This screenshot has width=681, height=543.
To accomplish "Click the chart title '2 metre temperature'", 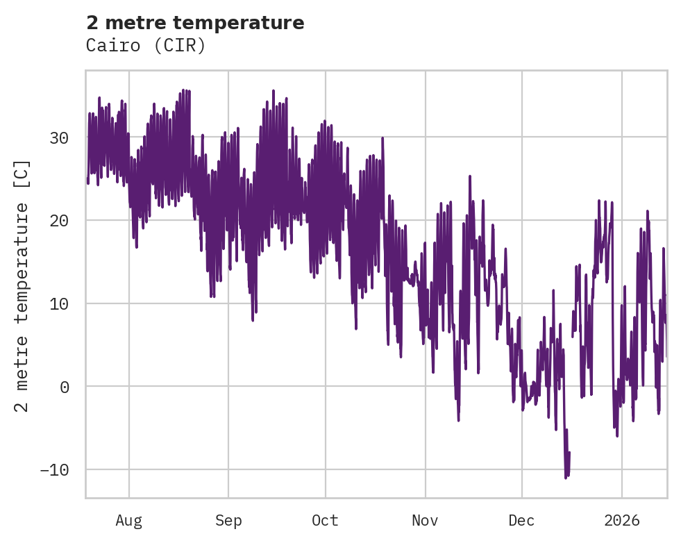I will pyautogui.click(x=195, y=23).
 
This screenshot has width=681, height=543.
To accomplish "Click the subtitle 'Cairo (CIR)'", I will pyautogui.click(x=146, y=46).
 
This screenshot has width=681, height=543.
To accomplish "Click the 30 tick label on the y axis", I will pyautogui.click(x=59, y=137).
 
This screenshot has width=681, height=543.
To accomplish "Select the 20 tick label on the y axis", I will pyautogui.click(x=59, y=221).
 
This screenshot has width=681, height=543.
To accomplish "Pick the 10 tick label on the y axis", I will pyautogui.click(x=59, y=304).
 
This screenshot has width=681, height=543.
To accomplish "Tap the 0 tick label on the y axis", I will pyautogui.click(x=65, y=387).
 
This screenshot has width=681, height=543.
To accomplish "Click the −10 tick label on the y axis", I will pyautogui.click(x=54, y=470).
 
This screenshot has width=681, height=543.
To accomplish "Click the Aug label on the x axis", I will pyautogui.click(x=129, y=521).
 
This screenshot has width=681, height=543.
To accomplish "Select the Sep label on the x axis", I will pyautogui.click(x=228, y=521).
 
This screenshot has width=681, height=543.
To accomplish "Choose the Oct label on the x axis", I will pyautogui.click(x=325, y=521).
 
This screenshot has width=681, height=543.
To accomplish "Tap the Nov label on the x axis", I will pyautogui.click(x=425, y=521).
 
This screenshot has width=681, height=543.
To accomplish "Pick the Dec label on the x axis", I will pyautogui.click(x=521, y=521).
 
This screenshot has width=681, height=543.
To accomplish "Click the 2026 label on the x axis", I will pyautogui.click(x=621, y=521).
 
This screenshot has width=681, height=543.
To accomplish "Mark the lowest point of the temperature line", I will pyautogui.click(x=566, y=478).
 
